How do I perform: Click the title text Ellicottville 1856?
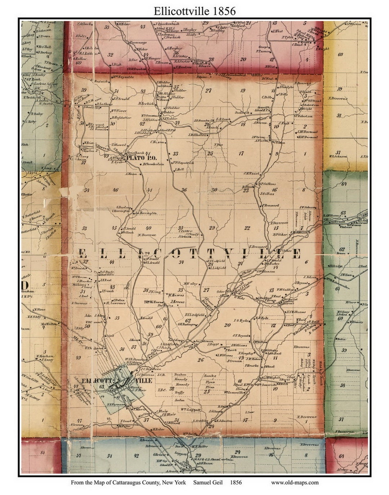click(194, 11)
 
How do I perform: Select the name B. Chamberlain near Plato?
click(153, 164)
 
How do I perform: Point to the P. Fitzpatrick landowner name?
click(184, 162)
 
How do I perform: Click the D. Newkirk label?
click(147, 103)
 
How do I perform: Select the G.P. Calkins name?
click(267, 184)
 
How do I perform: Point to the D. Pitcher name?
click(280, 235)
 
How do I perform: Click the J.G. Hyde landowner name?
click(241, 320)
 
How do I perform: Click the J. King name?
click(155, 291)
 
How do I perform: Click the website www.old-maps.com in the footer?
click(295, 482)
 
